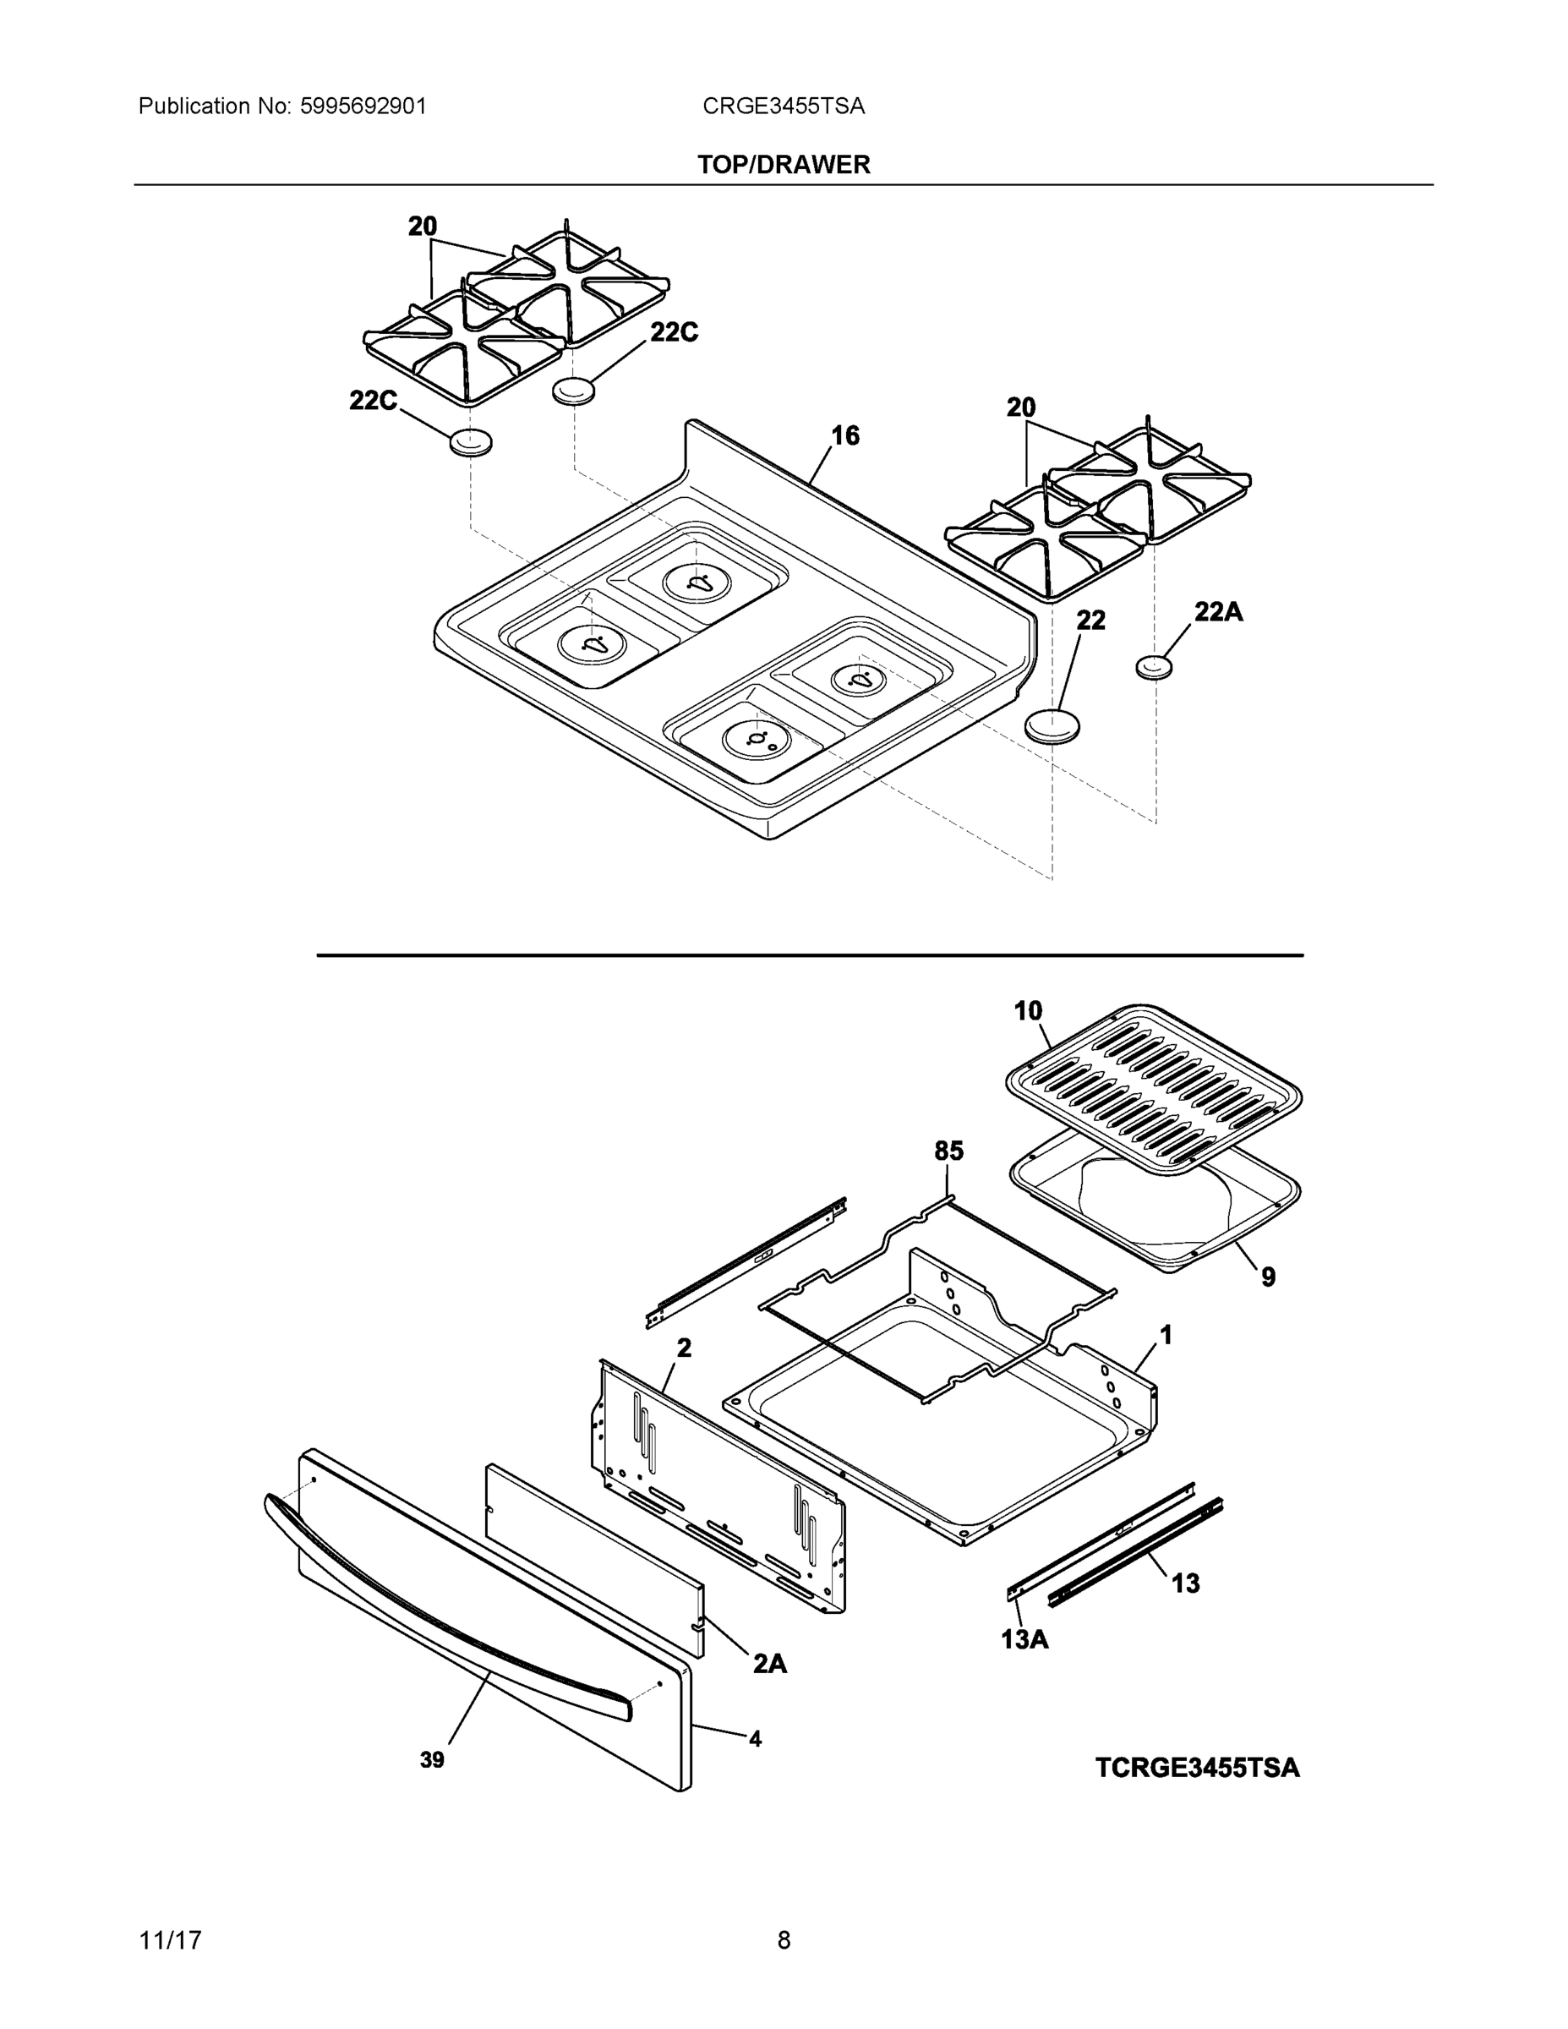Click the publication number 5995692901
pos(363,106)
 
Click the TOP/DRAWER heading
pos(783,165)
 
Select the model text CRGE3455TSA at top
pos(783,106)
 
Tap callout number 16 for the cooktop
pos(844,435)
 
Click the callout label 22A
pos(1218,611)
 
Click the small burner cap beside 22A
pos(1155,666)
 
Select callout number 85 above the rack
pos(948,1151)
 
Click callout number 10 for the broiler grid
pos(1027,1011)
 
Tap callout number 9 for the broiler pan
pos(1268,1277)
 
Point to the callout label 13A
pos(1024,1640)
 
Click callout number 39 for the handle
pos(432,1759)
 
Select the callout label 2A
pos(769,1663)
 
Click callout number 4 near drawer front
pos(755,1738)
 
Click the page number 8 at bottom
pos(783,1940)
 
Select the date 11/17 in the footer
pos(170,1940)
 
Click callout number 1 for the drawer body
pos(1166,1335)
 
